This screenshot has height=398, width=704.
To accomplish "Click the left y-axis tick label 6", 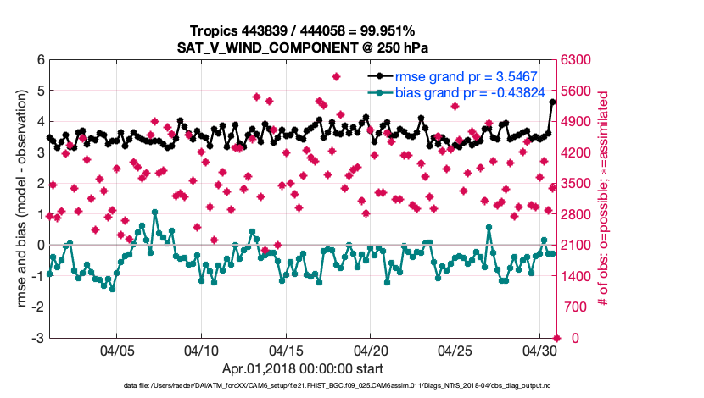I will (40, 60).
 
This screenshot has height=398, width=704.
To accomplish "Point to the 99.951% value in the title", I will (392, 30).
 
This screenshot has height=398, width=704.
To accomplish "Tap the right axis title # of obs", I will (605, 199).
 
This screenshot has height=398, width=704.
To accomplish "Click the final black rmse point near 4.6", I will (553, 102).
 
